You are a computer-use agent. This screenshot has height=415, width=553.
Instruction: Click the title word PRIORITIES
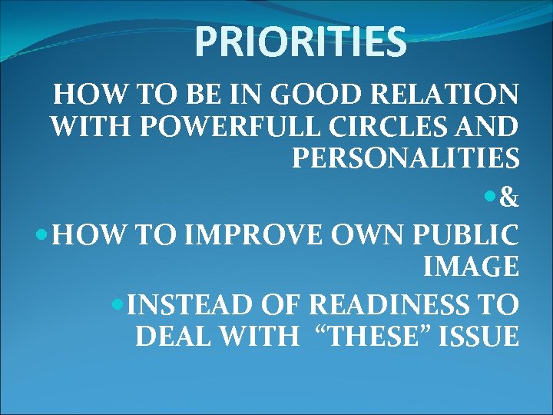click(x=300, y=41)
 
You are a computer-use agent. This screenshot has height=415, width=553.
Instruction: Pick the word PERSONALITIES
click(x=406, y=159)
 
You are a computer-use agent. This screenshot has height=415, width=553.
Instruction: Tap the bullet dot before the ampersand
click(x=492, y=199)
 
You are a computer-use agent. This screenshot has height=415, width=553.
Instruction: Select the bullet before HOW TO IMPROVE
click(x=45, y=231)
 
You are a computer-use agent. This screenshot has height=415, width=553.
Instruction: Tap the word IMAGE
click(x=470, y=267)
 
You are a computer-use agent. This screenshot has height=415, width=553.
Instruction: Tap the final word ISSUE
click(x=479, y=337)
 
